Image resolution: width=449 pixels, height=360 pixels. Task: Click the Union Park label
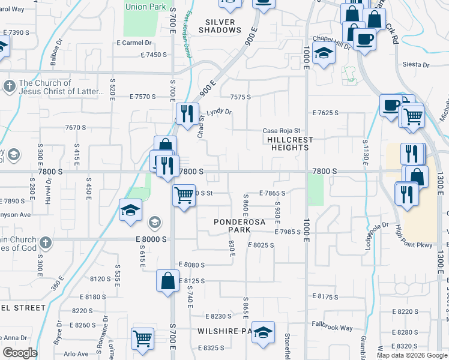point(144,7)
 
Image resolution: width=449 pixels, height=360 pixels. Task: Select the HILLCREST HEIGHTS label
point(286,143)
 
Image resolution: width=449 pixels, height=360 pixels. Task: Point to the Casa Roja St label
point(281,131)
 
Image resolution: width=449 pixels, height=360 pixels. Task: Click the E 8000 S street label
point(146,239)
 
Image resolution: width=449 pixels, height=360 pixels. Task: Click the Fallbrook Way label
point(332,328)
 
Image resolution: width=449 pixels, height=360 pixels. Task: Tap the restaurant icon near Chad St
point(187,113)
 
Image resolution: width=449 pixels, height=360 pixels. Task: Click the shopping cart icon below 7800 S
point(184,194)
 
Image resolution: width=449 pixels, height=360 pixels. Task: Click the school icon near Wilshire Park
point(262,332)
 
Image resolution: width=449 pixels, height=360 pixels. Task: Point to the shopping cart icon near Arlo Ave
point(142,338)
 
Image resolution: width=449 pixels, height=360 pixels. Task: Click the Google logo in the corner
point(20,353)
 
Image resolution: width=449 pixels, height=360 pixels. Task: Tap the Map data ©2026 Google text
point(412,355)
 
